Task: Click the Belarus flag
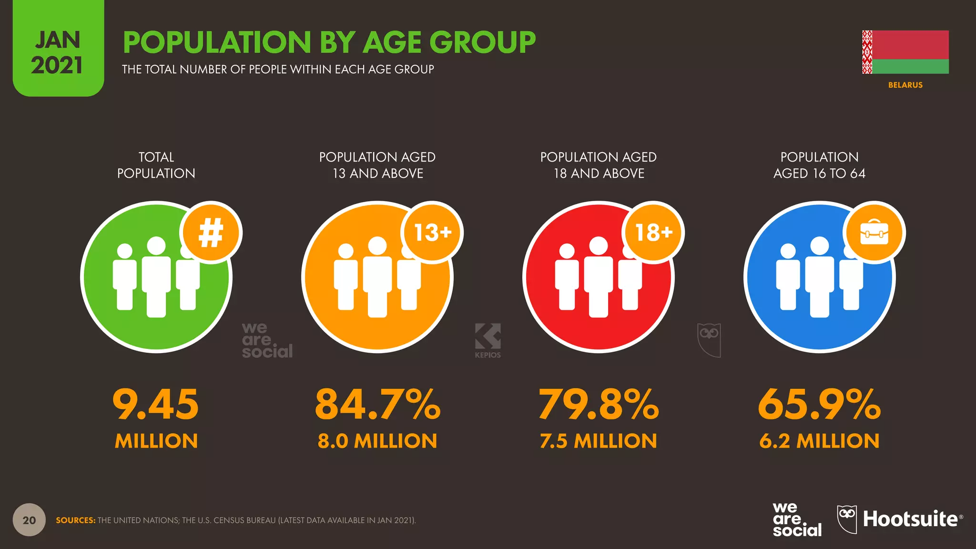tap(905, 52)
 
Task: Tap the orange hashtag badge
tap(211, 233)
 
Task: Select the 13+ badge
tap(432, 233)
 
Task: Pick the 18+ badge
tap(653, 233)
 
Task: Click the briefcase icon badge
tap(874, 233)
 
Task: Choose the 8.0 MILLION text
tap(377, 441)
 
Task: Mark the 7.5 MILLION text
tap(599, 441)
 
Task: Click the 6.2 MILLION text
tap(819, 441)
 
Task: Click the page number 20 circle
tap(29, 520)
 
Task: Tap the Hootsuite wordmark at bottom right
tap(910, 519)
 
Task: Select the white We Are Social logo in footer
tap(797, 519)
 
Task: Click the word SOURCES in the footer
tap(75, 520)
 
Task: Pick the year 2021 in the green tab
tap(57, 65)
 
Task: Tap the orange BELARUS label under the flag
tap(905, 85)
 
